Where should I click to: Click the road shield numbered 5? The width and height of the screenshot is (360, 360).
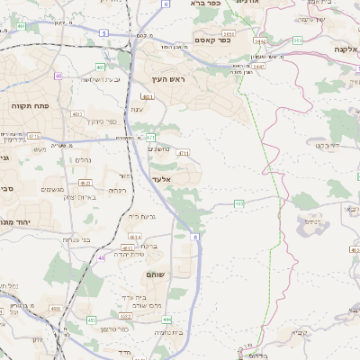click(x=103, y=32)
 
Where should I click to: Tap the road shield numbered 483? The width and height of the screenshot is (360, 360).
click(x=146, y=95)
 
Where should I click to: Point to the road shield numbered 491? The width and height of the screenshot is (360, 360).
click(x=21, y=27)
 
